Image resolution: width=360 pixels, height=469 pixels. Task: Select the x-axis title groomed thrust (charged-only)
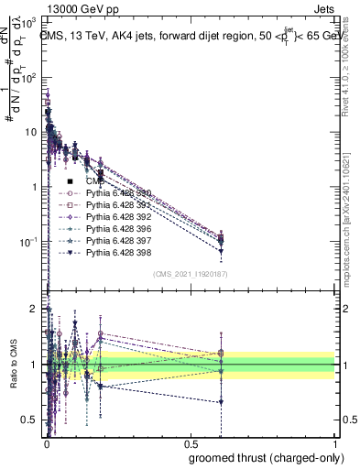point(266,458)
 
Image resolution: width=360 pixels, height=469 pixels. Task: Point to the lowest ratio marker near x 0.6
point(220,402)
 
